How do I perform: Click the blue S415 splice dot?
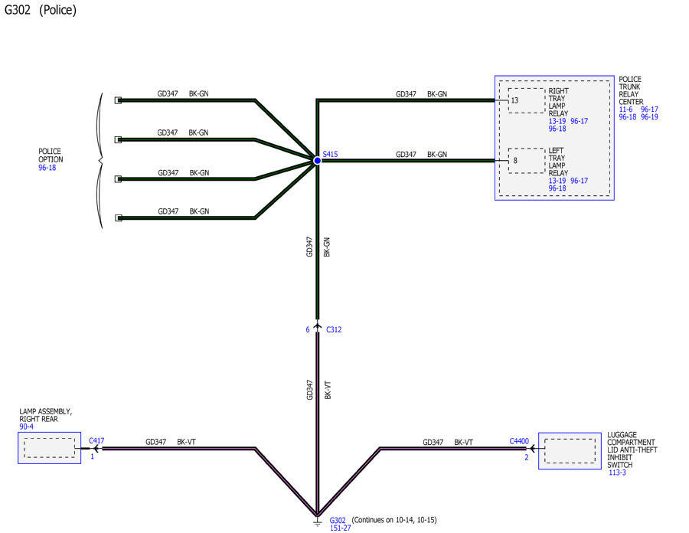[317, 161]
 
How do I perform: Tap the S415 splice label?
[330, 154]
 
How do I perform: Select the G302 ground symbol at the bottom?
[317, 522]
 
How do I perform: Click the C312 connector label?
[334, 329]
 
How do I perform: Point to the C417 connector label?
[96, 441]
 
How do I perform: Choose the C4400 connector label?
[519, 441]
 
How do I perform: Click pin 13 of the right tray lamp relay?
[514, 100]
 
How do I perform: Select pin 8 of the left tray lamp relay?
[515, 161]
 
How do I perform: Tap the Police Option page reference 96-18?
[47, 168]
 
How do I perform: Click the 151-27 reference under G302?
[340, 528]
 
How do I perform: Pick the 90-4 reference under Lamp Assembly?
[26, 427]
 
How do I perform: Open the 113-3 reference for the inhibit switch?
[617, 473]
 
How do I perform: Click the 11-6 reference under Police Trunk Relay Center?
[625, 110]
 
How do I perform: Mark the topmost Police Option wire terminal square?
[118, 100]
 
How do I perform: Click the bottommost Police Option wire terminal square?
[118, 218]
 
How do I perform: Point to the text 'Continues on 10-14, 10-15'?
[394, 520]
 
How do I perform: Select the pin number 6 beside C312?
[308, 329]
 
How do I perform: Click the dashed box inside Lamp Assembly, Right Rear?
[50, 448]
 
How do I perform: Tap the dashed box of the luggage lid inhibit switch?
[570, 451]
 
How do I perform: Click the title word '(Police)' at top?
[57, 10]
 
